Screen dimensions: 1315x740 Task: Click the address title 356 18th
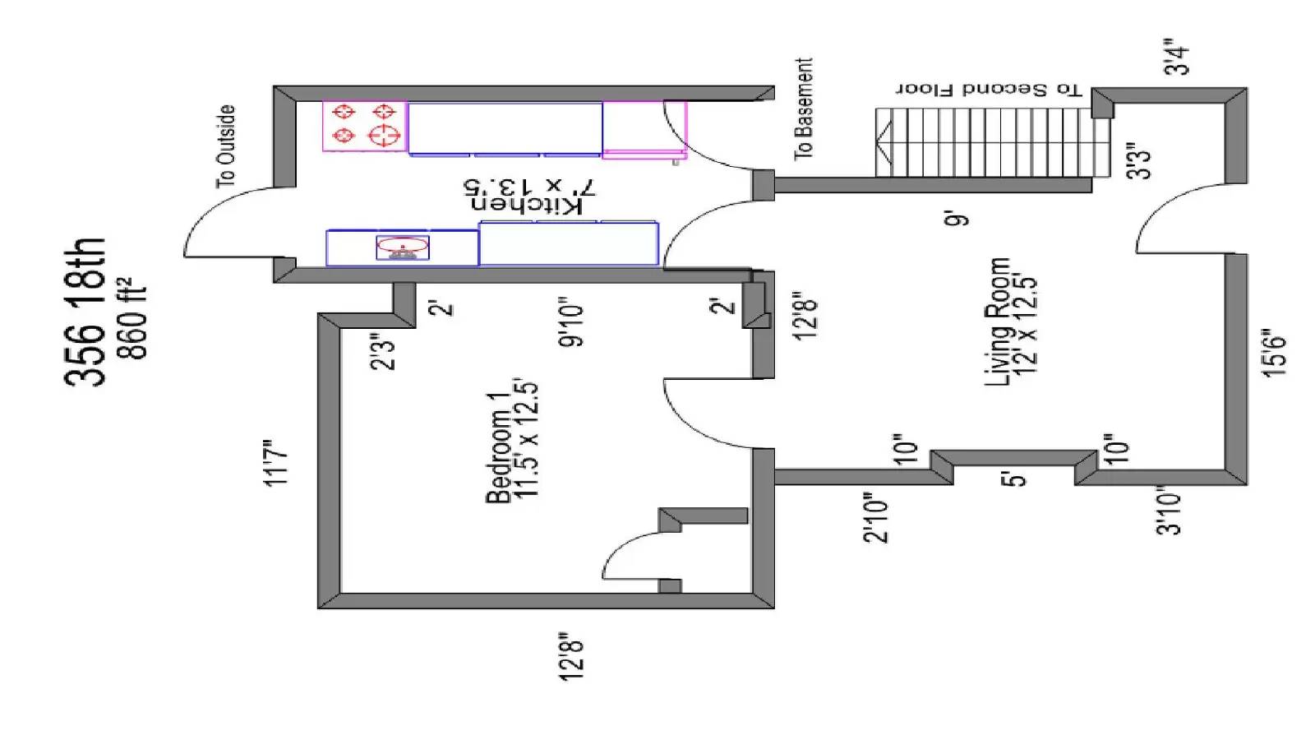pyautogui.click(x=85, y=312)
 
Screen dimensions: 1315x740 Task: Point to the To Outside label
pyautogui.click(x=226, y=147)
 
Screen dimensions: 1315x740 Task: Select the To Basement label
pyautogui.click(x=804, y=109)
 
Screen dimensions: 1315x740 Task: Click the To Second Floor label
pyautogui.click(x=988, y=90)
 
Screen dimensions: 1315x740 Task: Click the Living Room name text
pyautogui.click(x=998, y=322)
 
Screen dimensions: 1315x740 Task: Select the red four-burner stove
pyautogui.click(x=364, y=127)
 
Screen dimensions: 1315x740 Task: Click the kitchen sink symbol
pyautogui.click(x=403, y=247)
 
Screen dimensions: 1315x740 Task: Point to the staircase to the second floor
pyautogui.click(x=992, y=142)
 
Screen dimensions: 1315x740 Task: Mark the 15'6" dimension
pyautogui.click(x=1275, y=353)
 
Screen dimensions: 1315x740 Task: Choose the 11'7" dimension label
pyautogui.click(x=276, y=463)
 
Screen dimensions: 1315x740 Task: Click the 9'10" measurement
pyautogui.click(x=570, y=326)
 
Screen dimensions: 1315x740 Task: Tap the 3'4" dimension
pyautogui.click(x=1177, y=58)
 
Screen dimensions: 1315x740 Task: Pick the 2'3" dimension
pyautogui.click(x=383, y=353)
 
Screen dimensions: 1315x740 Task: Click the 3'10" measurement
pyautogui.click(x=1168, y=511)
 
